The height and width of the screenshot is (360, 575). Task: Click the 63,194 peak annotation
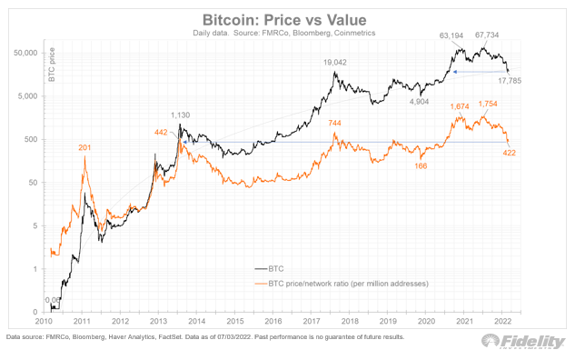pyautogui.click(x=452, y=35)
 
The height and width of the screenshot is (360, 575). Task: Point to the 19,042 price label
pyautogui.click(x=337, y=63)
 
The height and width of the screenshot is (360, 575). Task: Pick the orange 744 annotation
pyautogui.click(x=336, y=123)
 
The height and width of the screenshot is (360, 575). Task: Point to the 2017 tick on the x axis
pyautogui.click(x=314, y=322)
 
